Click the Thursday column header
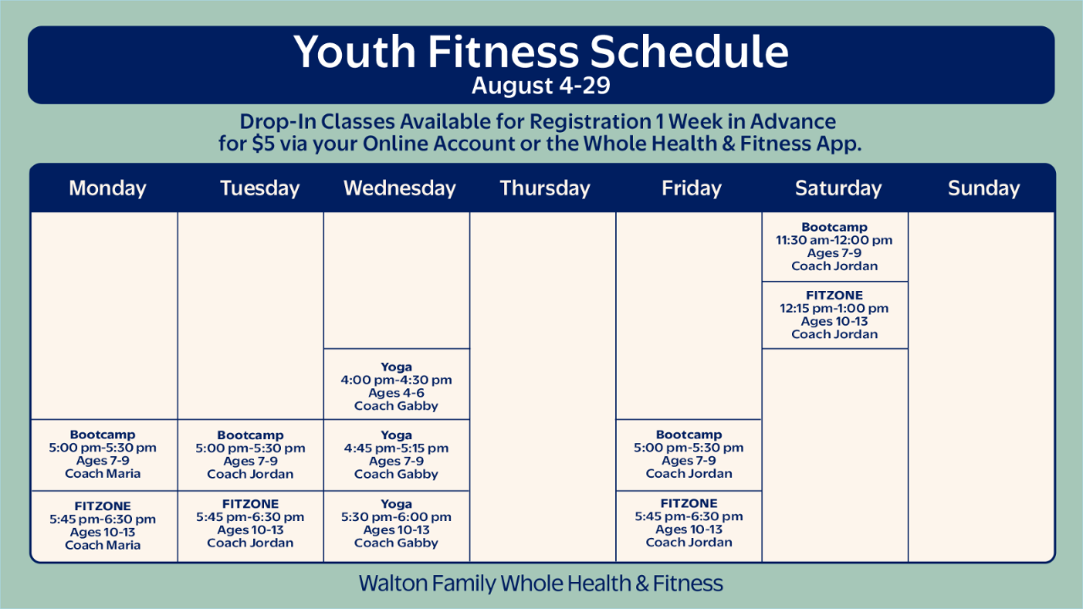(545, 188)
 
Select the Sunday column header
(983, 188)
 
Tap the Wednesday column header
(399, 188)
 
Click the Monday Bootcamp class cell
(104, 455)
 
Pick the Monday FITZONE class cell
(104, 526)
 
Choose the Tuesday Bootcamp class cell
(250, 455)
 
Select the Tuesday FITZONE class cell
(250, 526)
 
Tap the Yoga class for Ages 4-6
(397, 384)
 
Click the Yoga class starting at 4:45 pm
(397, 455)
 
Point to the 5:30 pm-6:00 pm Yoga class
(397, 526)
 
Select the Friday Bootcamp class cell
(689, 455)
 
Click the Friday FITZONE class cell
(689, 526)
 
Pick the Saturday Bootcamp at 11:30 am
(835, 247)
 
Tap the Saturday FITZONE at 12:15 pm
(835, 315)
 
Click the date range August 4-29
(541, 85)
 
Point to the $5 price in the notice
(263, 144)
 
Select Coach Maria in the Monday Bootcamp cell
(102, 474)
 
